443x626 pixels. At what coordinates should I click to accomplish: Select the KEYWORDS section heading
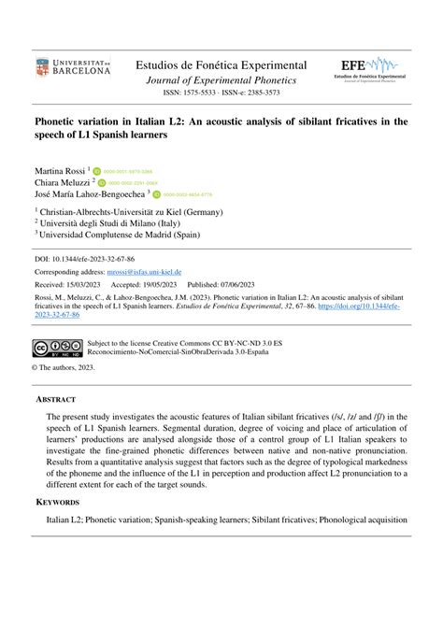pyautogui.click(x=57, y=502)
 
